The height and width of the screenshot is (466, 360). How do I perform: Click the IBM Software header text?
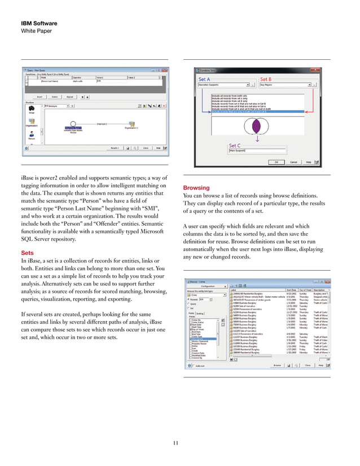coord(39,23)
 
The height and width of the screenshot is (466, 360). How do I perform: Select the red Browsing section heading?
coord(196,188)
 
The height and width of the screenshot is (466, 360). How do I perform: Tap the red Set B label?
coord(266,80)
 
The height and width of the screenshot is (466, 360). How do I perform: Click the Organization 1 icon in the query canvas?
coord(131,124)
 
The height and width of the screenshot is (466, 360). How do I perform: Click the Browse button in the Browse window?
coord(277,365)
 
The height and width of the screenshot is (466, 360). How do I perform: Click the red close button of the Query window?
coord(164,71)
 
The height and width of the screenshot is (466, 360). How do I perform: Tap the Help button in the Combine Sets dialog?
coord(309,161)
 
